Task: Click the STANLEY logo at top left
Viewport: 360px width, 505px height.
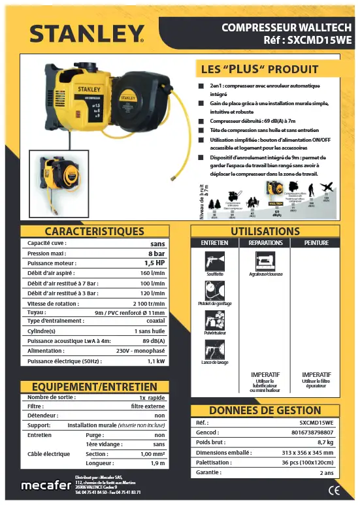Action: pyautogui.click(x=87, y=33)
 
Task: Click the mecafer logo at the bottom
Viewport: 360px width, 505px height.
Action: pyautogui.click(x=46, y=485)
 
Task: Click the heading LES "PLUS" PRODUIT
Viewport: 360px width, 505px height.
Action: pyautogui.click(x=259, y=69)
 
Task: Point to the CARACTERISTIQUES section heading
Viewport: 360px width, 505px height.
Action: pyautogui.click(x=94, y=231)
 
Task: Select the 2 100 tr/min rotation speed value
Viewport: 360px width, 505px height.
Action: pyautogui.click(x=149, y=303)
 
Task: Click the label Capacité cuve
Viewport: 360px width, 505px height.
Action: pyautogui.click(x=47, y=243)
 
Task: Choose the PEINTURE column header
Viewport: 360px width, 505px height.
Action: pyautogui.click(x=316, y=243)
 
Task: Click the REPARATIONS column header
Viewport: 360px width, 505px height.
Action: pyautogui.click(x=265, y=243)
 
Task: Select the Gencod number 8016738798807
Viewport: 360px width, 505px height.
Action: pyautogui.click(x=312, y=432)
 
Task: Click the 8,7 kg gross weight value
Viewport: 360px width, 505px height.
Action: pyautogui.click(x=325, y=442)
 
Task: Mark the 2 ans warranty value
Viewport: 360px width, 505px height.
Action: pyautogui.click(x=326, y=472)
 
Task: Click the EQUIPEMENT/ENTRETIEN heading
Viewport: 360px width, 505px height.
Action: pyautogui.click(x=94, y=387)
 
